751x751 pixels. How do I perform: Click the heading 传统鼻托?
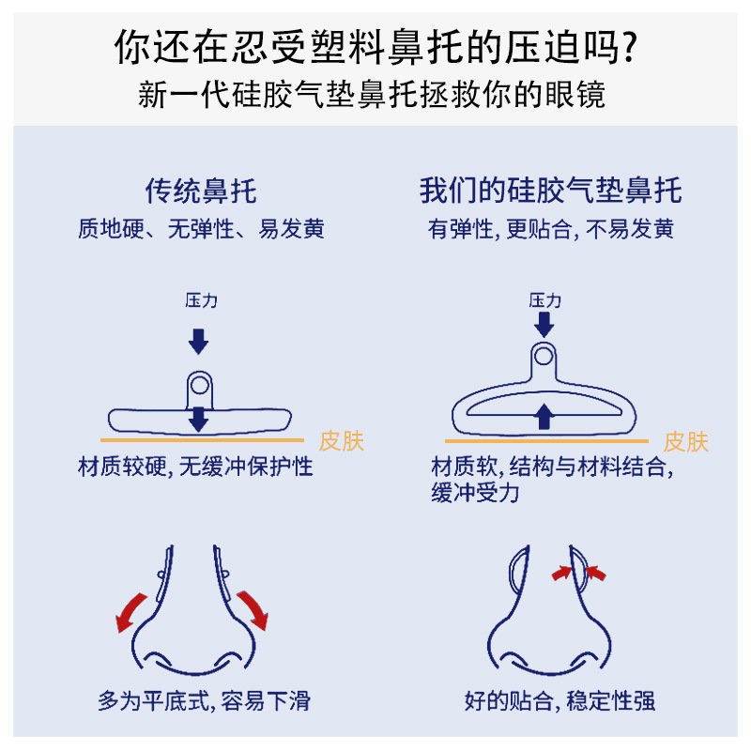pyautogui.click(x=200, y=192)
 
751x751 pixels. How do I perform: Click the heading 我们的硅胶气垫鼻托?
pyautogui.click(x=550, y=192)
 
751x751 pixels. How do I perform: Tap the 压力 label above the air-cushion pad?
pyautogui.click(x=544, y=300)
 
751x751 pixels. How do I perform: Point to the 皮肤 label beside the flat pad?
pyautogui.click(x=341, y=440)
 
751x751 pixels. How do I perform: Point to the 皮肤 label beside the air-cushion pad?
pyautogui.click(x=686, y=441)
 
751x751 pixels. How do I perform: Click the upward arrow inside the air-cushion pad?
pyautogui.click(x=544, y=416)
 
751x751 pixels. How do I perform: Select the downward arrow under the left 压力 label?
pyautogui.click(x=198, y=340)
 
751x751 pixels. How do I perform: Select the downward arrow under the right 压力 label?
pyautogui.click(x=544, y=324)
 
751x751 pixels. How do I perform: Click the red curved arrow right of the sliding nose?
pyautogui.click(x=253, y=608)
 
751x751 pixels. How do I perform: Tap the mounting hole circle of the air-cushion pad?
pyautogui.click(x=544, y=355)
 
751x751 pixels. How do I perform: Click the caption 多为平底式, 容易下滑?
pyautogui.click(x=204, y=700)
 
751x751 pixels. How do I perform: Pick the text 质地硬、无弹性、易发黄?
pyautogui.click(x=201, y=229)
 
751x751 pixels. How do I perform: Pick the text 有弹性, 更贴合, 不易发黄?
pyautogui.click(x=551, y=229)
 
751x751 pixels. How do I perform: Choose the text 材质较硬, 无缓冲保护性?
pyautogui.click(x=195, y=467)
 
